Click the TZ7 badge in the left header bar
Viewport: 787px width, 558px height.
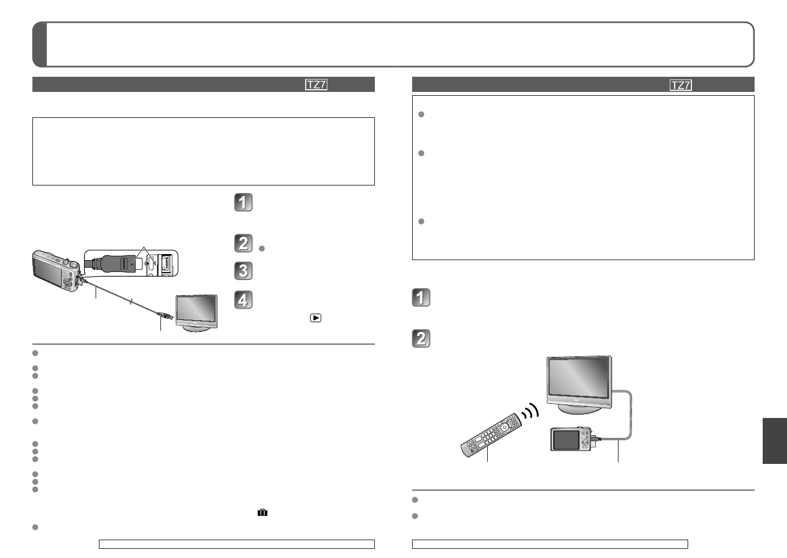pyautogui.click(x=316, y=85)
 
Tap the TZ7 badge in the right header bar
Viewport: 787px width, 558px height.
pyautogui.click(x=681, y=85)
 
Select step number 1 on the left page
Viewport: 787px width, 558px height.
pyautogui.click(x=243, y=202)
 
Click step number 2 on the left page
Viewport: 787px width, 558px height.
pyautogui.click(x=243, y=243)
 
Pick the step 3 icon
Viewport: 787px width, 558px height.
pyautogui.click(x=243, y=271)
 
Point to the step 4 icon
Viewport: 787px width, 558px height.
pyautogui.click(x=243, y=300)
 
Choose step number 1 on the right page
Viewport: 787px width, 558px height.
pyautogui.click(x=421, y=297)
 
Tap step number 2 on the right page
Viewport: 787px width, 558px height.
pyautogui.click(x=421, y=338)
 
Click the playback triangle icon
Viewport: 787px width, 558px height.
pyautogui.click(x=315, y=318)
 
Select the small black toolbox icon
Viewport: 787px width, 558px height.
pyautogui.click(x=263, y=513)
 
